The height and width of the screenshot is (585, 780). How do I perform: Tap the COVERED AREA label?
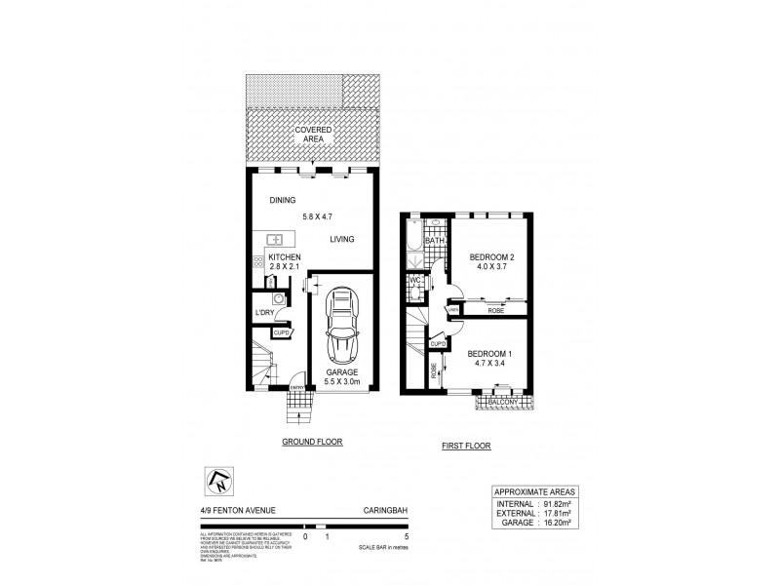pos(314,134)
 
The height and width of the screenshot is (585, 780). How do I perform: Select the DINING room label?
pos(283,201)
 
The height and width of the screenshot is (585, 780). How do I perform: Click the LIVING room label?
pos(341,239)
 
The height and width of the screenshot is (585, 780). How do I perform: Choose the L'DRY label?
pos(262,312)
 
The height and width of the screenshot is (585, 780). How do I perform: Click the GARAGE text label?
pos(341,372)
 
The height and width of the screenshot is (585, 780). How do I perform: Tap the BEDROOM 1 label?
pos(490,353)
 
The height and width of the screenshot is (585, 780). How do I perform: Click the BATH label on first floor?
pos(434,240)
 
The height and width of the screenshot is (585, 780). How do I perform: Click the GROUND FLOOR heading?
pos(312,442)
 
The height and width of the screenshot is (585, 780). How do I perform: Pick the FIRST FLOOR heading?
pos(465,446)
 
